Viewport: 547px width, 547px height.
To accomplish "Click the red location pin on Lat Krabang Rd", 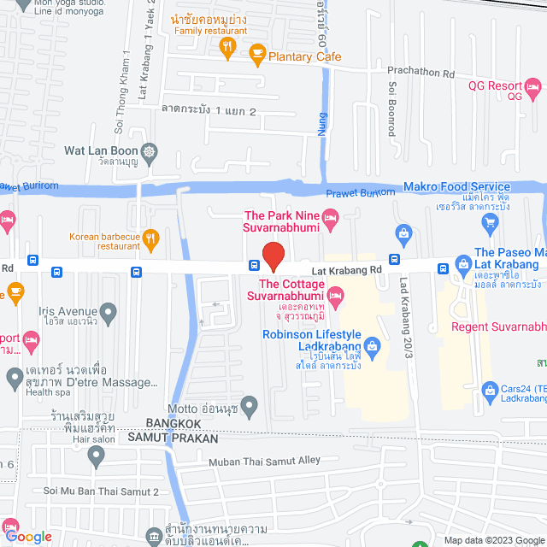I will coord(273,256).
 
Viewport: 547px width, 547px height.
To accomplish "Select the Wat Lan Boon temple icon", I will coord(150,151).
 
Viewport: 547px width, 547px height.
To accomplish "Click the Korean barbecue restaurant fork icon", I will coord(150,237).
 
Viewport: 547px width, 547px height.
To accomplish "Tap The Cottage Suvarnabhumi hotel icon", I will coord(338,298).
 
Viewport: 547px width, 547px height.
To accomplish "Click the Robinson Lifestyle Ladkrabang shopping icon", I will coord(372,345).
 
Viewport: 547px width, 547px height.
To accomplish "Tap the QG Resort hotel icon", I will coord(532,85).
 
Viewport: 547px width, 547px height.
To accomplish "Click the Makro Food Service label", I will coord(457,186).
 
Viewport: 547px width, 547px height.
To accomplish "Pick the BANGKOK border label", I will coord(174,423).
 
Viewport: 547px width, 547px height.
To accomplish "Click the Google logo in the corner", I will coord(27,537).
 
